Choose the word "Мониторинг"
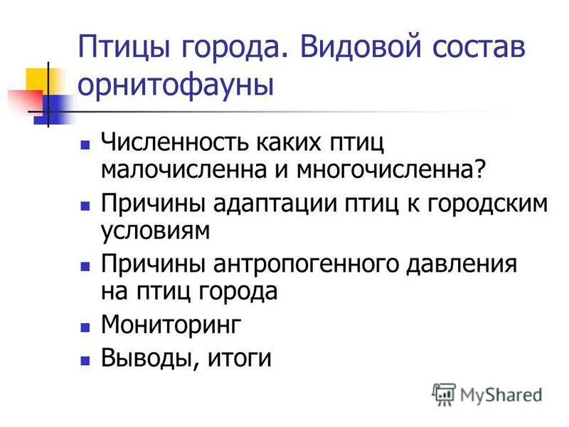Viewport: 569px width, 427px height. [x=171, y=325]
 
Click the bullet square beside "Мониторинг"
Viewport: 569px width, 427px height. [x=85, y=327]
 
